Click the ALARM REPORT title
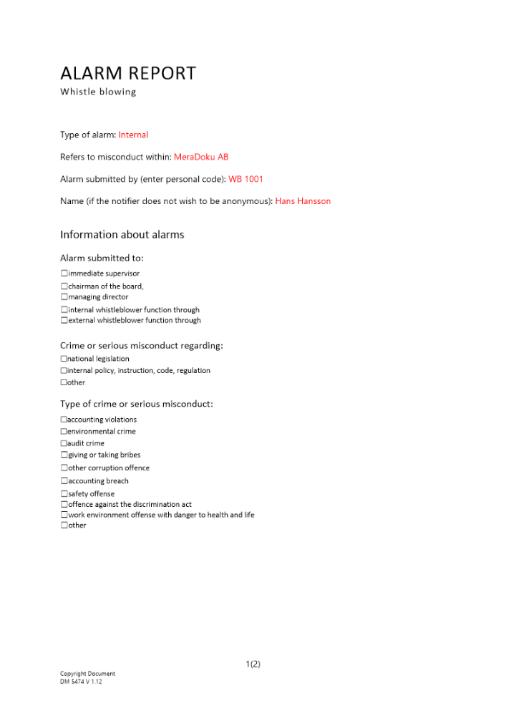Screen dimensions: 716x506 [127, 73]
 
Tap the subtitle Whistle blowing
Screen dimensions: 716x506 [98, 92]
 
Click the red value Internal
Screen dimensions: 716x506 [133, 135]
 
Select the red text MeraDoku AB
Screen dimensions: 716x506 [201, 157]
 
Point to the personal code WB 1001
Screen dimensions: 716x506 [246, 179]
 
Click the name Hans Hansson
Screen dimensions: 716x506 [303, 201]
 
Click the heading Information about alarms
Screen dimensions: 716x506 [122, 235]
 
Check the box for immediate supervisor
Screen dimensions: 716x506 [64, 274]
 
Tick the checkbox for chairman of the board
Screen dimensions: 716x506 [64, 286]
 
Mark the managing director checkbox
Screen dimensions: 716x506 [64, 297]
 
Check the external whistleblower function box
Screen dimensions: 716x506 [64, 321]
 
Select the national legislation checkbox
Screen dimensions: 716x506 [64, 359]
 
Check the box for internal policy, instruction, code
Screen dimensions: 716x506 [64, 371]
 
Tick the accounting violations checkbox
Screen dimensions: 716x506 [64, 420]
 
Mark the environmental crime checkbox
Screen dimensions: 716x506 [64, 432]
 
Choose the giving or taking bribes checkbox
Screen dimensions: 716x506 [64, 455]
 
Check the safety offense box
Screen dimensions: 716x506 [64, 494]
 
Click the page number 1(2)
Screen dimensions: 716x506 [253, 664]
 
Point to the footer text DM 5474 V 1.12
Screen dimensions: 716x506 [82, 682]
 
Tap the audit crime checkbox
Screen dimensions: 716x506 [64, 444]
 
